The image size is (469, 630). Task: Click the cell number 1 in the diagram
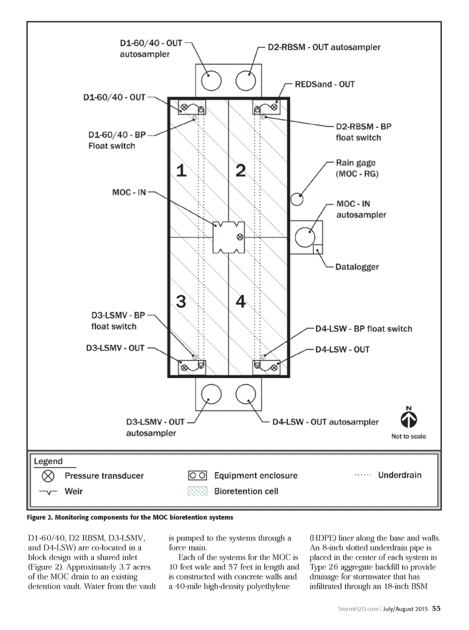[x=181, y=170]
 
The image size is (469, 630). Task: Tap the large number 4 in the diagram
[x=241, y=301]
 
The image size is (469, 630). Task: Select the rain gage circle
[x=297, y=199]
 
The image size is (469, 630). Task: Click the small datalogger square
[x=317, y=249]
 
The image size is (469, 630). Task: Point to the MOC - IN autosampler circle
[x=305, y=237]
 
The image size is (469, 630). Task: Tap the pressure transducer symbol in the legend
[x=48, y=476]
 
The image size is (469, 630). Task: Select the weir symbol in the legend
[x=48, y=492]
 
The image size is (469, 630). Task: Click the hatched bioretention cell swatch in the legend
[x=197, y=491]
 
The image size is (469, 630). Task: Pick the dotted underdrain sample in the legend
[x=363, y=475]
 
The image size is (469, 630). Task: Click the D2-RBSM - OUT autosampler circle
[x=246, y=81]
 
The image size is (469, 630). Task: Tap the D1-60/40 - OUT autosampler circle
[x=211, y=81]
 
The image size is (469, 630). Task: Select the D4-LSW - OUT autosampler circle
[x=246, y=394]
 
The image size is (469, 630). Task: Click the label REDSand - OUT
[x=325, y=84]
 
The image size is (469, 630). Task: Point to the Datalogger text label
[x=357, y=267]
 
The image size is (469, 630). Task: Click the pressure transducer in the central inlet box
[x=240, y=237]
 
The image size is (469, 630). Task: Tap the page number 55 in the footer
[x=436, y=608]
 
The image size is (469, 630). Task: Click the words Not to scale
[x=409, y=436]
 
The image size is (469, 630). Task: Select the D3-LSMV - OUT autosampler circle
[x=211, y=394]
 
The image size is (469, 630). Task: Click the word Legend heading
[x=48, y=461]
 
